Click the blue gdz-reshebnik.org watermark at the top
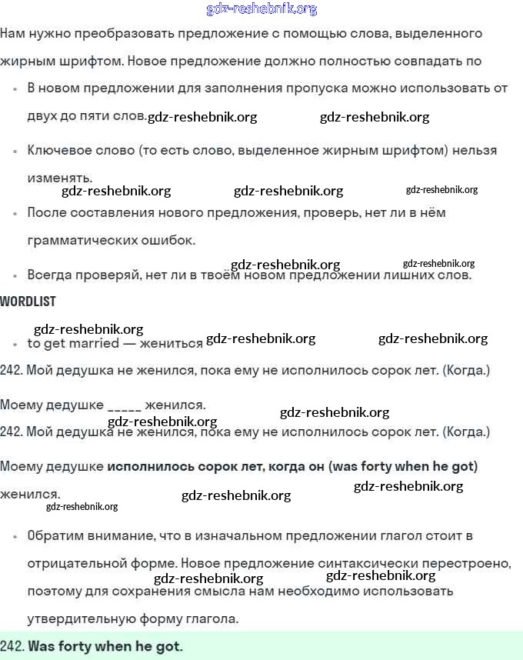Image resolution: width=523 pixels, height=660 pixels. pos(261,9)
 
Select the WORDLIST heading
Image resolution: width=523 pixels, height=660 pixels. pos(28,302)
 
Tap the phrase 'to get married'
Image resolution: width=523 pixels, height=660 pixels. pos(73,343)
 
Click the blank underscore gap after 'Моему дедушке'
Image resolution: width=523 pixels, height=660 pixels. pos(125,405)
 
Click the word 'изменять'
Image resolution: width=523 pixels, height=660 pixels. pos(58,177)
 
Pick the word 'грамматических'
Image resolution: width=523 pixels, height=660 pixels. pos(76,240)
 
